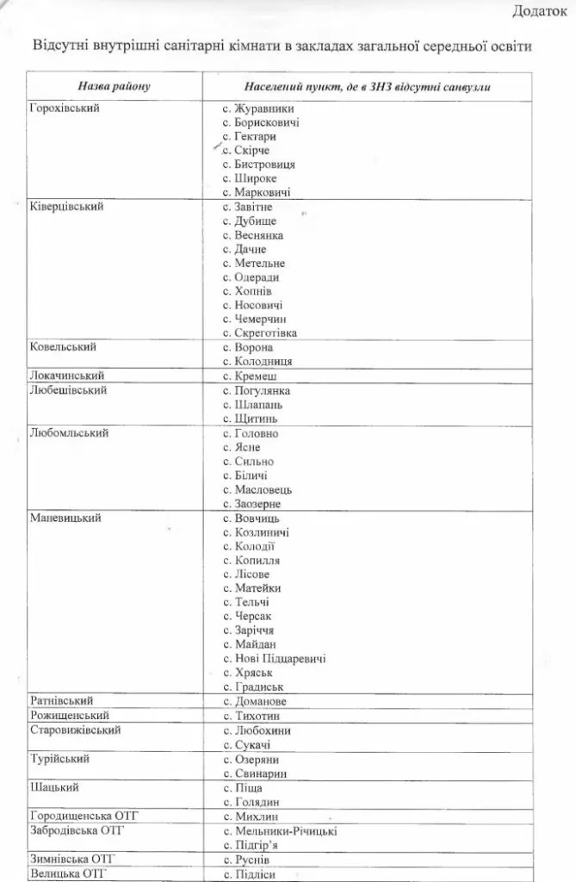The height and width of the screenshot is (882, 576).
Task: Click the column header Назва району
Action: tap(114, 87)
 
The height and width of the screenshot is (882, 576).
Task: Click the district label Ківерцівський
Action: tap(66, 208)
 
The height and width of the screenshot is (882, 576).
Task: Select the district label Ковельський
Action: tap(62, 346)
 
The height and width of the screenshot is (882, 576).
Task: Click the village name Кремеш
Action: tap(256, 376)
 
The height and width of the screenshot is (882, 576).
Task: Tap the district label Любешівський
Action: tap(68, 389)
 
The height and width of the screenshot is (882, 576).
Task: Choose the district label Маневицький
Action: tap(65, 518)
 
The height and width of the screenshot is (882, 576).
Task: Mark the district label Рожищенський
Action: tap(69, 715)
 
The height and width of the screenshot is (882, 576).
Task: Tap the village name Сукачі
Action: tap(252, 744)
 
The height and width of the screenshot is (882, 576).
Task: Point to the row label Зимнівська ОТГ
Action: tap(71, 859)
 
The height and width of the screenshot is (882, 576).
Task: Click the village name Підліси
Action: tap(255, 873)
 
